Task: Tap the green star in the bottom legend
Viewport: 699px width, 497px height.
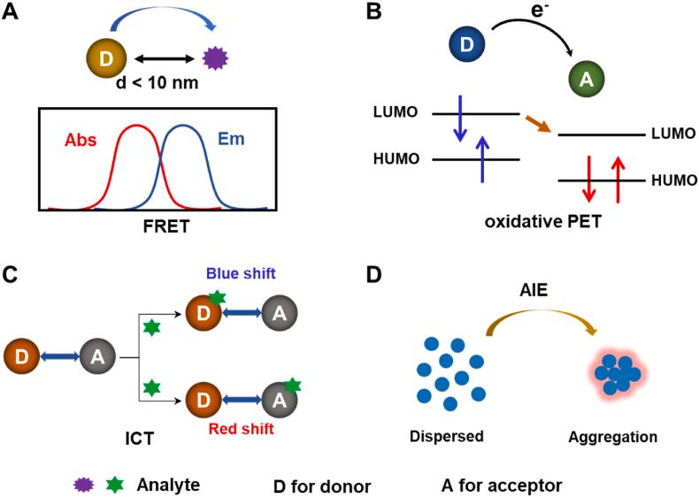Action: click(112, 484)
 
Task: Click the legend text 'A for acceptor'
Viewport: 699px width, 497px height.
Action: click(502, 485)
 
